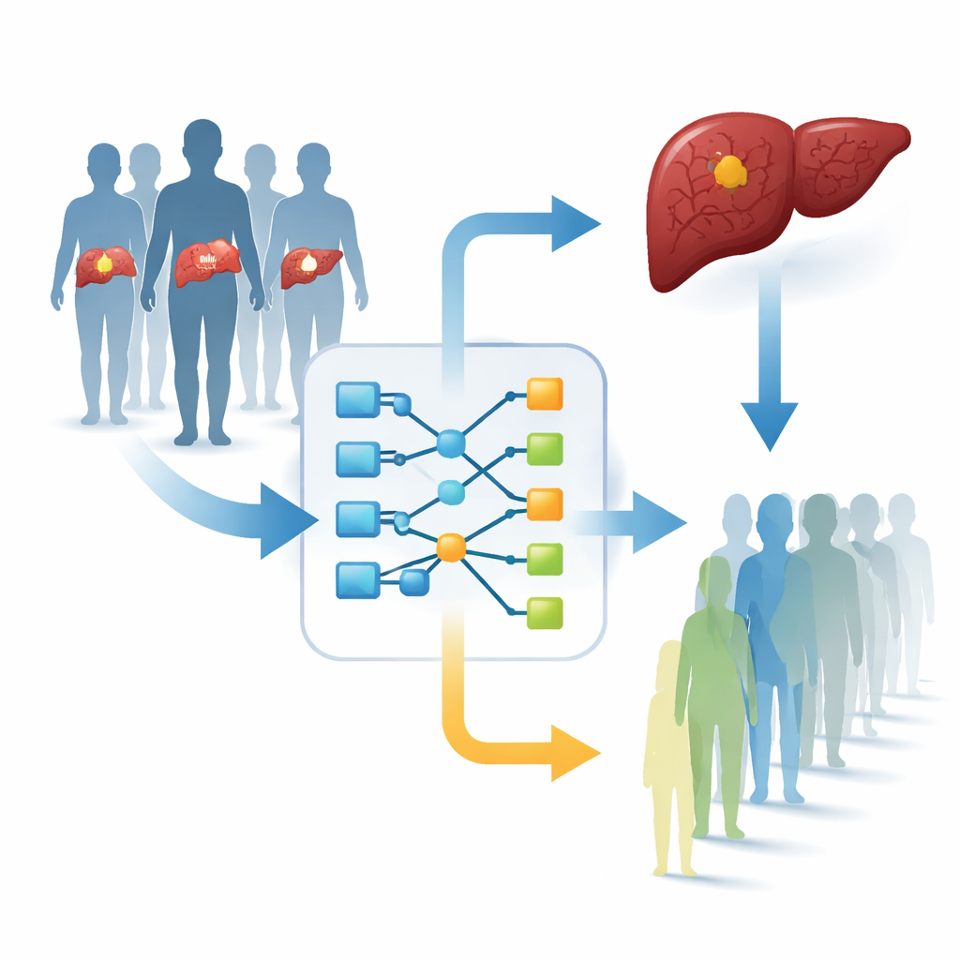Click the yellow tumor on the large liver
(x=729, y=172)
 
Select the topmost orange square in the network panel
(x=545, y=393)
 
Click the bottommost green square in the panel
(x=545, y=612)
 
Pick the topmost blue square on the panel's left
(x=357, y=399)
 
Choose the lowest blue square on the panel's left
(x=357, y=579)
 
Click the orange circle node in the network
(x=451, y=547)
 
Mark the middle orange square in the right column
(x=545, y=503)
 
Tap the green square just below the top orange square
(x=545, y=449)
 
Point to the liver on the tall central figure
(x=207, y=262)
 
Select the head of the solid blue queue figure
(x=774, y=517)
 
